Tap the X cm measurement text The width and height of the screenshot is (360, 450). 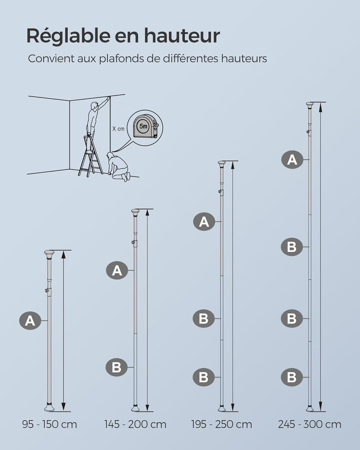[x=118, y=129]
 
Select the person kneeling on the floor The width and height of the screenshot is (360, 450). [x=118, y=167]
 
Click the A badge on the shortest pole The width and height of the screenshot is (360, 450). [x=30, y=321]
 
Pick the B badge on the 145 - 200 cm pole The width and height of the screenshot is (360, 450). [x=117, y=367]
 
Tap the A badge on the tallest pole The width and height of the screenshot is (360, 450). [x=292, y=160]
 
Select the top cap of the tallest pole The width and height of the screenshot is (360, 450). [x=309, y=105]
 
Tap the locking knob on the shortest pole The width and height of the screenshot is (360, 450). [x=47, y=291]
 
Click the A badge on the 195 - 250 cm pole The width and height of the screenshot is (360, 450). [x=204, y=222]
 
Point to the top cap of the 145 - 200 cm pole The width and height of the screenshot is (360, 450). [x=135, y=212]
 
